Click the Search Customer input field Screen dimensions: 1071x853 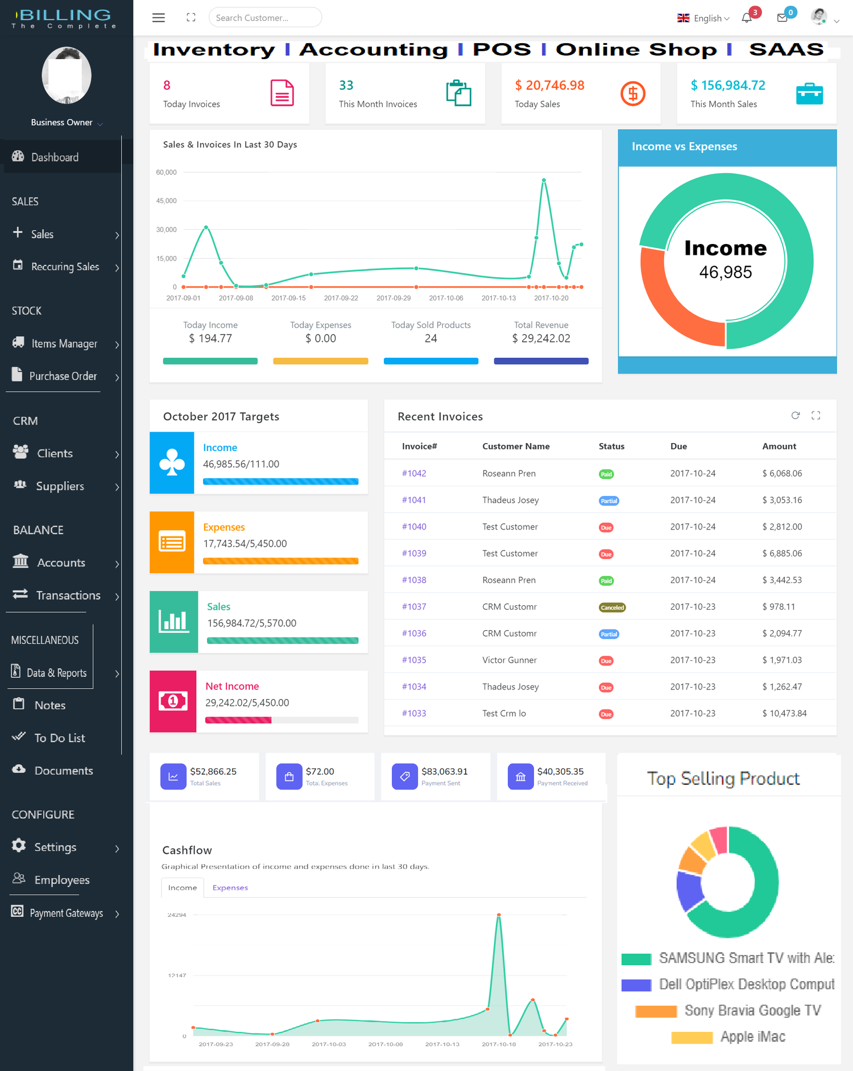click(264, 18)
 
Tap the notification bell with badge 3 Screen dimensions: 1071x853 click(747, 18)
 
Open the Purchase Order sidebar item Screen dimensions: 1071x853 click(63, 376)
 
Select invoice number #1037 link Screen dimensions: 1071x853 click(413, 607)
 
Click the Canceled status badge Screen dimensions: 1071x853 click(612, 607)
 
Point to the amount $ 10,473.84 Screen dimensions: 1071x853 click(784, 713)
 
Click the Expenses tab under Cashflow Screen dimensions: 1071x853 click(230, 887)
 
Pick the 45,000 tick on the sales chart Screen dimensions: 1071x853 click(166, 201)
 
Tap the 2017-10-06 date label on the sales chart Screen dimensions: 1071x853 click(446, 298)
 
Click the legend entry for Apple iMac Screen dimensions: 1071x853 click(752, 1037)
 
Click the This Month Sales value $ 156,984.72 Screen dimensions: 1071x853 click(727, 85)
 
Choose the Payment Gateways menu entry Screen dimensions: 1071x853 click(66, 913)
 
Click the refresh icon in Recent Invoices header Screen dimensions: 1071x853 click(795, 416)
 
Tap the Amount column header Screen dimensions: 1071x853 click(779, 446)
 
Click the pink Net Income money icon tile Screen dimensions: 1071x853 click(173, 701)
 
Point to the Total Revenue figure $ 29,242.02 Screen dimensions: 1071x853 click(541, 338)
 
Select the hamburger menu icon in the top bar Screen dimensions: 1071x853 click(159, 18)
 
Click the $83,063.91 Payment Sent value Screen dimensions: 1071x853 click(444, 771)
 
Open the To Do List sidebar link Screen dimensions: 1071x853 click(59, 738)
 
